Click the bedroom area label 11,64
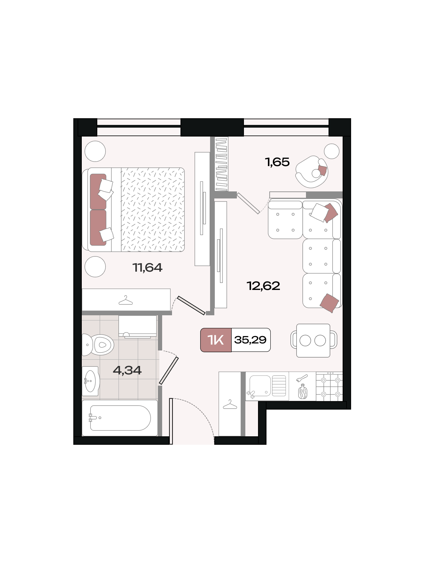pos(147,267)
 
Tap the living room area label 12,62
pos(263,286)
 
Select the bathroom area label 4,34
pos(127,371)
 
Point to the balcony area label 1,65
pos(277,162)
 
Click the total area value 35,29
pos(250,340)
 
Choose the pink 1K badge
pos(216,340)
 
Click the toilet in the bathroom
pos(98,345)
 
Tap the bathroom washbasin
pos(90,381)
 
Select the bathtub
pos(120,418)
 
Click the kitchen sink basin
pos(260,386)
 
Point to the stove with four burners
pos(329,386)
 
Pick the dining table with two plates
pos(313,341)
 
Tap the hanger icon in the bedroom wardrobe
pos(125,301)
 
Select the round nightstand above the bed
pos(95,151)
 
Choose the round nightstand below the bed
pos(95,267)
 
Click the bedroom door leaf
pos(191,305)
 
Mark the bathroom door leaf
pos(169,371)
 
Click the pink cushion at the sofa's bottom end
pos(329,303)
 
